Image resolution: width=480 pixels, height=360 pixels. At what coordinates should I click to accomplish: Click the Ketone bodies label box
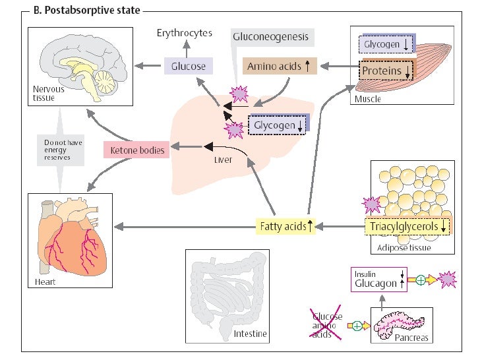coord(136,150)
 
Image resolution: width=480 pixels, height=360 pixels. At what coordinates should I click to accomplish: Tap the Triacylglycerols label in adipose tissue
coord(409,227)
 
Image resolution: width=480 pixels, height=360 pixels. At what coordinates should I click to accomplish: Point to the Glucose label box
coord(189,66)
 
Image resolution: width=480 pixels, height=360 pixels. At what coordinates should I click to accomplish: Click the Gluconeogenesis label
coord(270,36)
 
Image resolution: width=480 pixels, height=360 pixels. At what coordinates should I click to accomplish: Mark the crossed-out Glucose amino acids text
coord(327,324)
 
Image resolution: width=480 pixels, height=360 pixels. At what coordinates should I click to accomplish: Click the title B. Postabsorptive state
coord(84,11)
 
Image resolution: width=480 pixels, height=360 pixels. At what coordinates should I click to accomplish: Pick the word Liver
coord(224,159)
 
